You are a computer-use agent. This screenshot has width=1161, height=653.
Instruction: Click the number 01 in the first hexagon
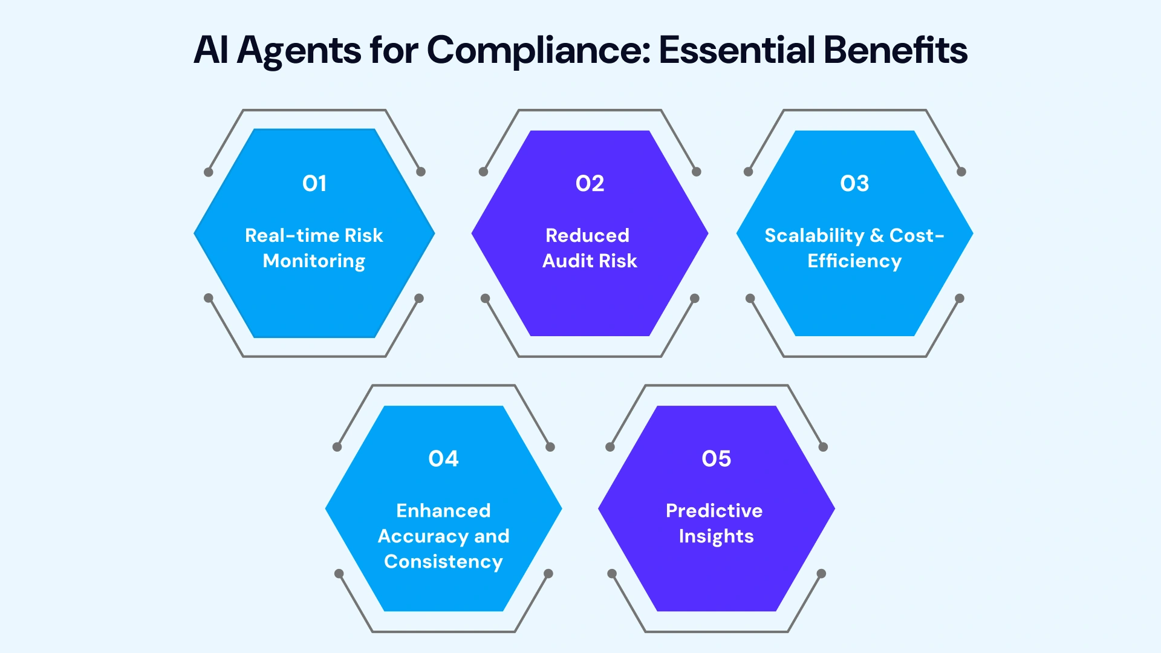(x=314, y=183)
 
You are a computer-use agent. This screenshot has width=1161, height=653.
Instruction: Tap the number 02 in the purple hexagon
(x=590, y=183)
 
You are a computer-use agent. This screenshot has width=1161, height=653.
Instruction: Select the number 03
(x=854, y=183)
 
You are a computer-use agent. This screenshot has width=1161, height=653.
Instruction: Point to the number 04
(x=443, y=458)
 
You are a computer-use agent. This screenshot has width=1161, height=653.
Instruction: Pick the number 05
(x=716, y=458)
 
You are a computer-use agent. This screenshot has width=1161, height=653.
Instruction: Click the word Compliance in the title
(x=538, y=50)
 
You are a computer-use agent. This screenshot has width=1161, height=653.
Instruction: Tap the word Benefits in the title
(x=895, y=50)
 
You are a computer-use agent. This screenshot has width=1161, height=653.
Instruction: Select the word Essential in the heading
(x=737, y=50)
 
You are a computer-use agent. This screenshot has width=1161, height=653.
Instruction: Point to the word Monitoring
(x=314, y=261)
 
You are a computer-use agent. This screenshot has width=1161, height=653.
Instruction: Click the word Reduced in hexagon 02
(x=587, y=235)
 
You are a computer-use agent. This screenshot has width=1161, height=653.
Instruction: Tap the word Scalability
(x=815, y=236)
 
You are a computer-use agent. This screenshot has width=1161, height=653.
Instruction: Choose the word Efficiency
(x=854, y=261)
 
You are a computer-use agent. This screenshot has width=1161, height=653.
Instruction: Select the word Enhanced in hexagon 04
(x=443, y=511)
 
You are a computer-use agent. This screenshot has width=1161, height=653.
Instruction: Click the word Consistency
(x=443, y=562)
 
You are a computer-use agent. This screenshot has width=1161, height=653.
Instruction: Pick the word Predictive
(x=714, y=511)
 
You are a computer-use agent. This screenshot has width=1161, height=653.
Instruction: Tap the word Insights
(x=716, y=537)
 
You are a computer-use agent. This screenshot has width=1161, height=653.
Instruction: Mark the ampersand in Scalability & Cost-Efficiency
(x=877, y=236)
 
